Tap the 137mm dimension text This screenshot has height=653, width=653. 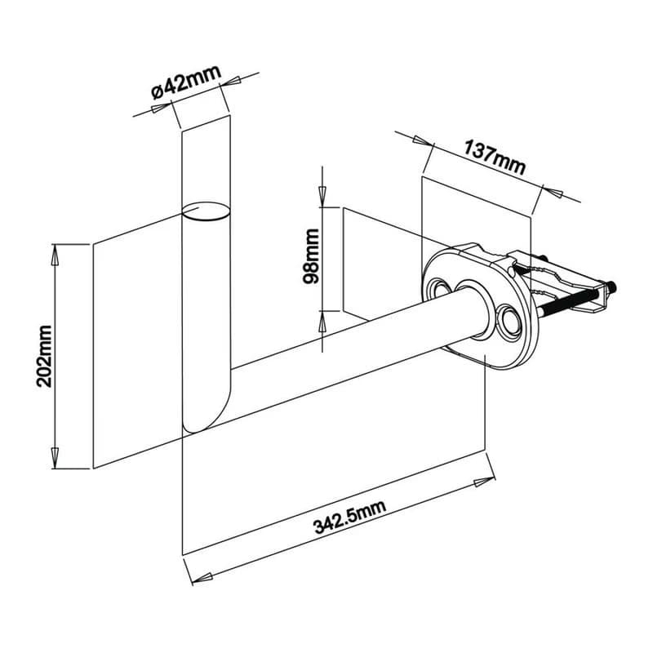[x=495, y=158]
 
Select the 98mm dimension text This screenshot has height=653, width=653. [x=311, y=256]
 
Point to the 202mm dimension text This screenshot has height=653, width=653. [x=44, y=357]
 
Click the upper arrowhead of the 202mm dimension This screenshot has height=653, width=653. [x=55, y=255]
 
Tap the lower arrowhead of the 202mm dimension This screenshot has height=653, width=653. [x=55, y=458]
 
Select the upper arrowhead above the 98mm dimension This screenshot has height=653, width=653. [x=322, y=196]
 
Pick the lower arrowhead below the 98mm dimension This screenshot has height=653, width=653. [x=322, y=321]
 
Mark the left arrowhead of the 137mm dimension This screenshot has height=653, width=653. [x=422, y=140]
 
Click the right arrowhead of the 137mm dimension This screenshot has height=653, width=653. [x=553, y=193]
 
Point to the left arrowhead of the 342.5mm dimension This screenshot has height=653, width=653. [x=202, y=578]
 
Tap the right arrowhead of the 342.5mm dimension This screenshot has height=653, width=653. [x=485, y=482]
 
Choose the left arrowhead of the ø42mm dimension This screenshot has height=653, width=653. [x=161, y=107]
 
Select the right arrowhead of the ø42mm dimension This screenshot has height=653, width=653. [x=230, y=82]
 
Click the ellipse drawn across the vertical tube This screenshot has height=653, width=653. [x=206, y=211]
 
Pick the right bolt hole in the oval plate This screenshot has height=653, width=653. [x=509, y=320]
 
